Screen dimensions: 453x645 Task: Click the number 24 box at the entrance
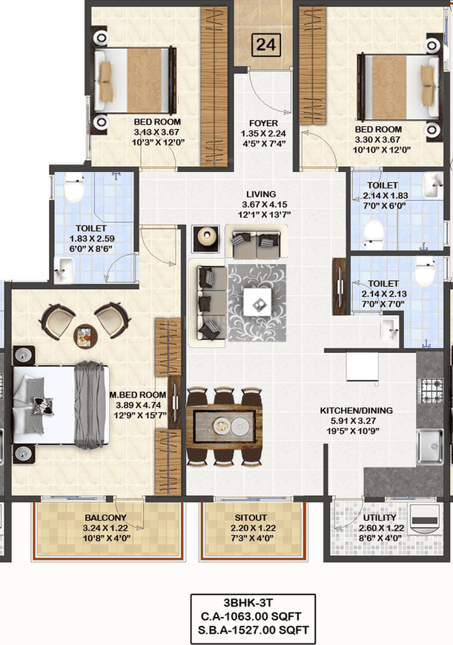(x=265, y=44)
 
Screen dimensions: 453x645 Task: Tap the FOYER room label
(x=263, y=123)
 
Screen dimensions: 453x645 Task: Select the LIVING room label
(x=261, y=194)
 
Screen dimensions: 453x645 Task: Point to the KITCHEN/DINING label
(x=357, y=411)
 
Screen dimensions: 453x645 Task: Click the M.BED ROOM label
(x=138, y=395)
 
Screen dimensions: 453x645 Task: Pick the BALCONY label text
(x=105, y=517)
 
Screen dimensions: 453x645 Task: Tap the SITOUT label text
(x=251, y=517)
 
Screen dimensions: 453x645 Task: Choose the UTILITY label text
(x=380, y=517)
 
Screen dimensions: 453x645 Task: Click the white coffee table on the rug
(x=257, y=302)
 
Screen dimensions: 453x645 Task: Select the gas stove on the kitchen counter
(x=431, y=390)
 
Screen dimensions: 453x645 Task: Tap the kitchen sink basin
(x=430, y=446)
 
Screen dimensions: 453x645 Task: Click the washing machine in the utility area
(x=425, y=519)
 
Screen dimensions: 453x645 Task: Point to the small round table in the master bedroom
(x=85, y=337)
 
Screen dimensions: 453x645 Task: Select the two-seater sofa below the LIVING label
(x=257, y=242)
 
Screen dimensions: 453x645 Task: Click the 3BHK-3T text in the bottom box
(x=248, y=603)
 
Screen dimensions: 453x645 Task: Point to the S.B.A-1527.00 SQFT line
(x=253, y=629)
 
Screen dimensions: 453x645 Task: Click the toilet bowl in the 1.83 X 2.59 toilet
(x=74, y=188)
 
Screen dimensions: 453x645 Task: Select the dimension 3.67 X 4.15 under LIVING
(x=264, y=205)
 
